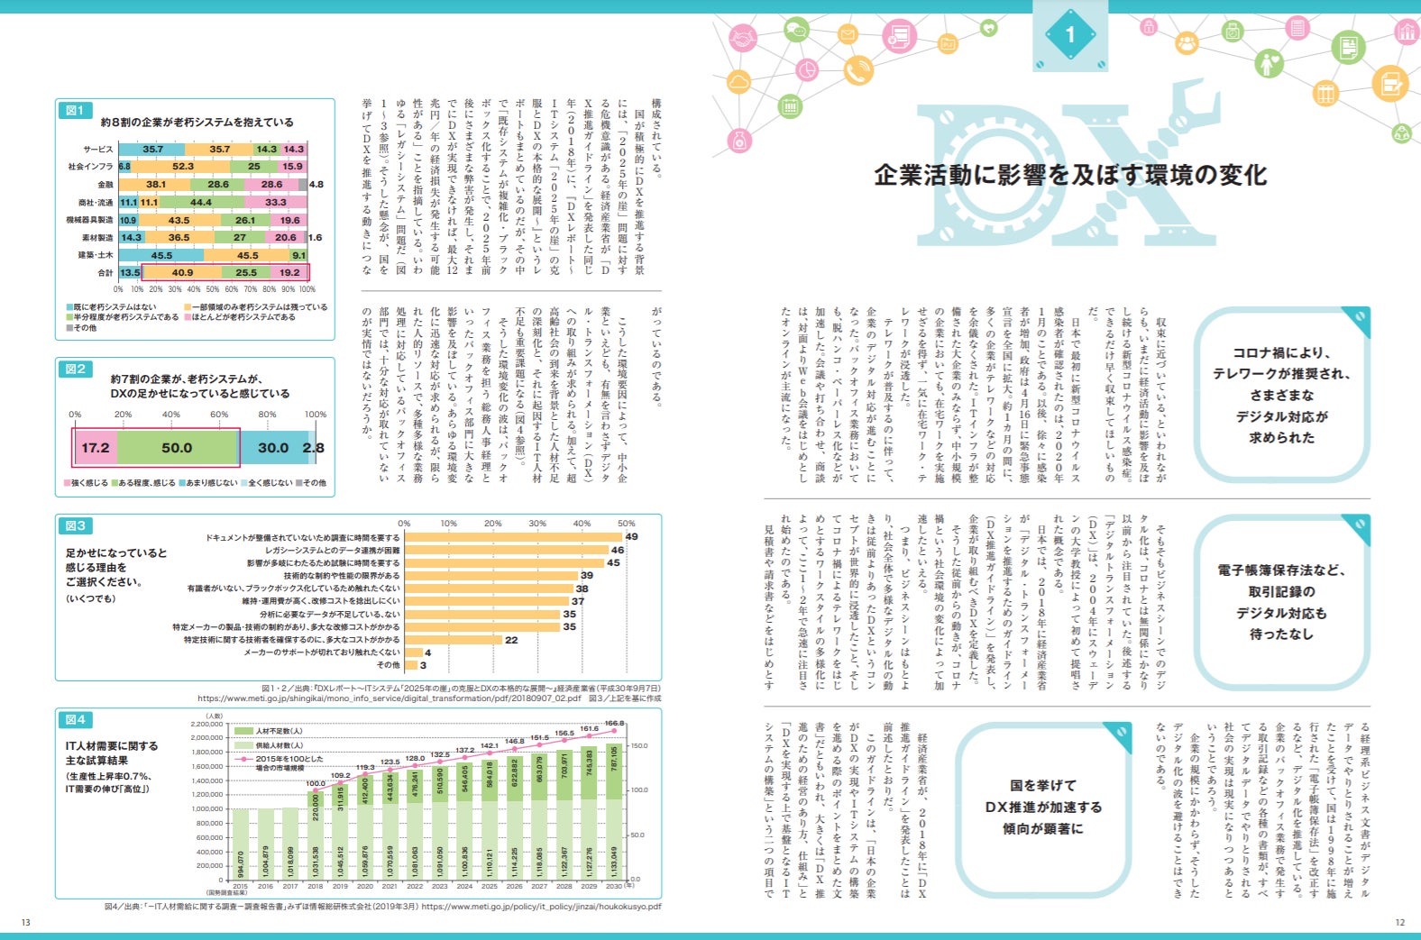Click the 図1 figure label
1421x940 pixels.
[74, 110]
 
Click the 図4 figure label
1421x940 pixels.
[75, 719]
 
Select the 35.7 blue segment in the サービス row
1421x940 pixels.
[152, 149]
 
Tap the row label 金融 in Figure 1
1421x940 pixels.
[105, 185]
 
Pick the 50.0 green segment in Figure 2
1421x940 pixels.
[177, 447]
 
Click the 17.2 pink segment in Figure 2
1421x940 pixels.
[95, 447]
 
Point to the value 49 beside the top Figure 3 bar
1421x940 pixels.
[631, 537]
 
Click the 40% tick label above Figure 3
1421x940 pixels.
[582, 524]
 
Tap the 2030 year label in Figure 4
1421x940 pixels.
[613, 886]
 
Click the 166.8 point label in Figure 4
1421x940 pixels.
[614, 723]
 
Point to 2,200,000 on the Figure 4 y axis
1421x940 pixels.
[206, 724]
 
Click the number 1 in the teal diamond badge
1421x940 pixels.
[1070, 35]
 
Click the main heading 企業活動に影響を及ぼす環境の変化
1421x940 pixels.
[1070, 175]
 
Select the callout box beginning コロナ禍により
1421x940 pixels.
[1280, 395]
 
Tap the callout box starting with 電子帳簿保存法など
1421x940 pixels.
[1280, 602]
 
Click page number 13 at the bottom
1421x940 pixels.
[26, 922]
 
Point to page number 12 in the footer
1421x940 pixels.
[1399, 922]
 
